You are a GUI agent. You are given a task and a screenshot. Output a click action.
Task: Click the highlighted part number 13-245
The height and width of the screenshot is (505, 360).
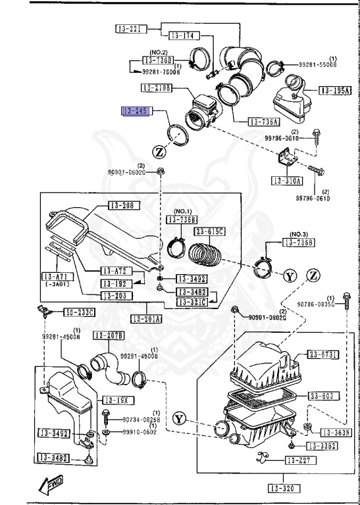tap(136, 111)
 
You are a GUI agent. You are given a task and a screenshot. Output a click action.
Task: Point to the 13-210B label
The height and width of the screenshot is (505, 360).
tap(156, 87)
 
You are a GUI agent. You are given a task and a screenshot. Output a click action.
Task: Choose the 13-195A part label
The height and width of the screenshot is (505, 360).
tap(335, 90)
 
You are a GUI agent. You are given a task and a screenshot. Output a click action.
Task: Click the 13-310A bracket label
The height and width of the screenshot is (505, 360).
tap(286, 180)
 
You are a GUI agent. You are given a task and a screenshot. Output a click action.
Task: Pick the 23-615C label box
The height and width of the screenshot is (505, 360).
tap(209, 231)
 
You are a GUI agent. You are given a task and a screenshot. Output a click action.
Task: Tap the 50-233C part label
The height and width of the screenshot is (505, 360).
tap(79, 312)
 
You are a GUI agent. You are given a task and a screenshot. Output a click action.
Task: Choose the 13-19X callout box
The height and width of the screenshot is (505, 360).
tap(113, 400)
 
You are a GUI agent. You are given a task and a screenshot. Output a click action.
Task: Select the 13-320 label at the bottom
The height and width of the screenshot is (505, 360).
tap(284, 487)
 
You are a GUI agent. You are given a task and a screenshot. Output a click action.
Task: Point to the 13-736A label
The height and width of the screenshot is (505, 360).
tap(263, 122)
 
